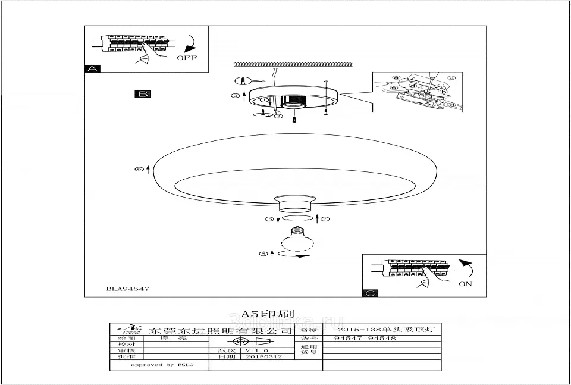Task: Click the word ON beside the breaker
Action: pyautogui.click(x=465, y=284)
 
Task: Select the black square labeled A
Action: pyautogui.click(x=92, y=68)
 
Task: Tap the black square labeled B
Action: pyautogui.click(x=143, y=94)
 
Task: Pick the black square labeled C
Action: pyautogui.click(x=370, y=293)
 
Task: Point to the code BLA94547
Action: pyautogui.click(x=128, y=289)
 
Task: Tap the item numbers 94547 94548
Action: pyautogui.click(x=365, y=339)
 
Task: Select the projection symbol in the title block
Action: pyautogui.click(x=251, y=342)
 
